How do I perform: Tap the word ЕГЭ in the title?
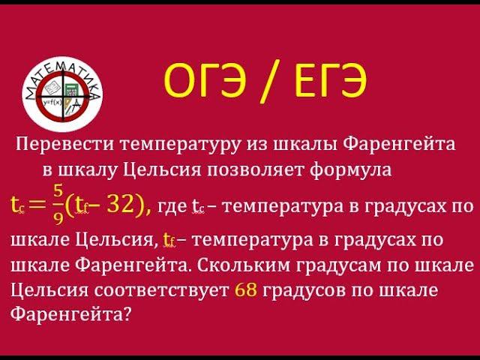324,84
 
